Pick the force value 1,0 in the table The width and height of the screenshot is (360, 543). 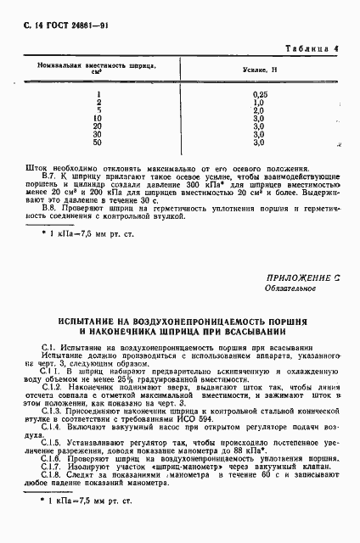pos(260,102)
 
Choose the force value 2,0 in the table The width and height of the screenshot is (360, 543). pos(260,109)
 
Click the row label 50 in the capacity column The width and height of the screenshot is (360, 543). pos(98,142)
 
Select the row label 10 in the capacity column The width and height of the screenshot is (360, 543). pos(98,117)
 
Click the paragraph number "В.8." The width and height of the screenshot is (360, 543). pos(51,208)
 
